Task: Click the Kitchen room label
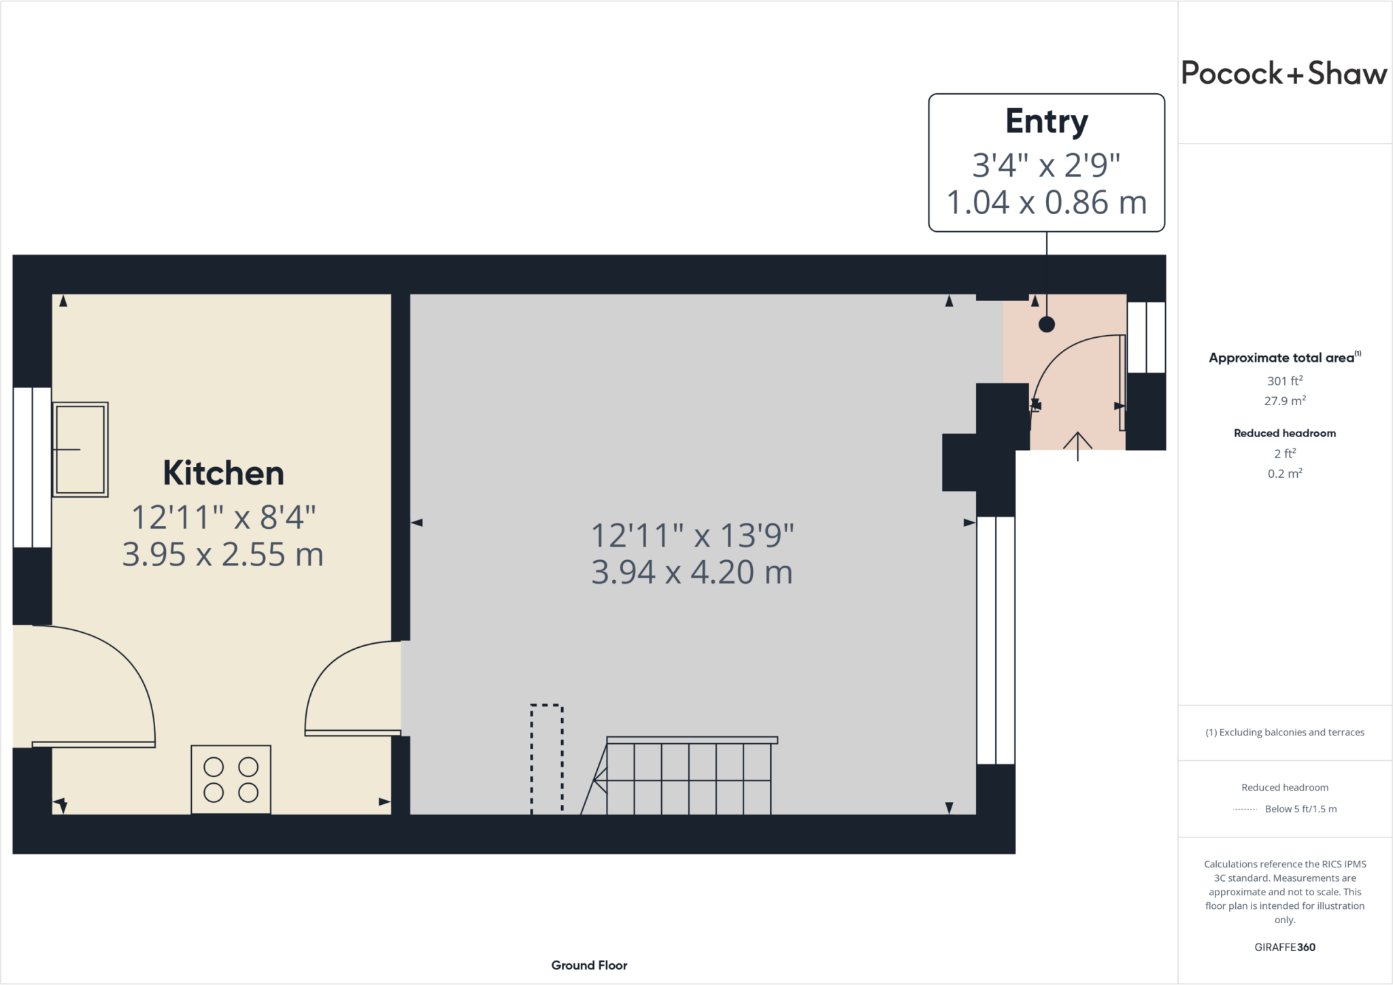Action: pos(223,473)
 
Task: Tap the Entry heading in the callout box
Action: pos(1047,122)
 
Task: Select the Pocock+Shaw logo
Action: pos(1284,73)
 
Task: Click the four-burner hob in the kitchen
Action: pos(231,779)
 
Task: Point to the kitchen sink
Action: pos(80,449)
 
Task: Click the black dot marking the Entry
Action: pos(1047,324)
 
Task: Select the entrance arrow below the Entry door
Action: pos(1077,446)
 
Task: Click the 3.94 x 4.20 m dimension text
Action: pos(692,572)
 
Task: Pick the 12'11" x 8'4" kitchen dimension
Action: pos(223,517)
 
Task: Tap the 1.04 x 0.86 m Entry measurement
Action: pos(1047,203)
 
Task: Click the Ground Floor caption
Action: pos(589,965)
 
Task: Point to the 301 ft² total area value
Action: pos(1285,381)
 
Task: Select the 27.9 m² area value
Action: pos(1285,400)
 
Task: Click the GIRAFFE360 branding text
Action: pos(1285,947)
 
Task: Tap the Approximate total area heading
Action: pos(1285,358)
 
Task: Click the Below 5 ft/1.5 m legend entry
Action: pos(1300,809)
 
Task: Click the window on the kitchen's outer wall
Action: pos(32,467)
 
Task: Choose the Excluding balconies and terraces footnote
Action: pos(1285,732)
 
